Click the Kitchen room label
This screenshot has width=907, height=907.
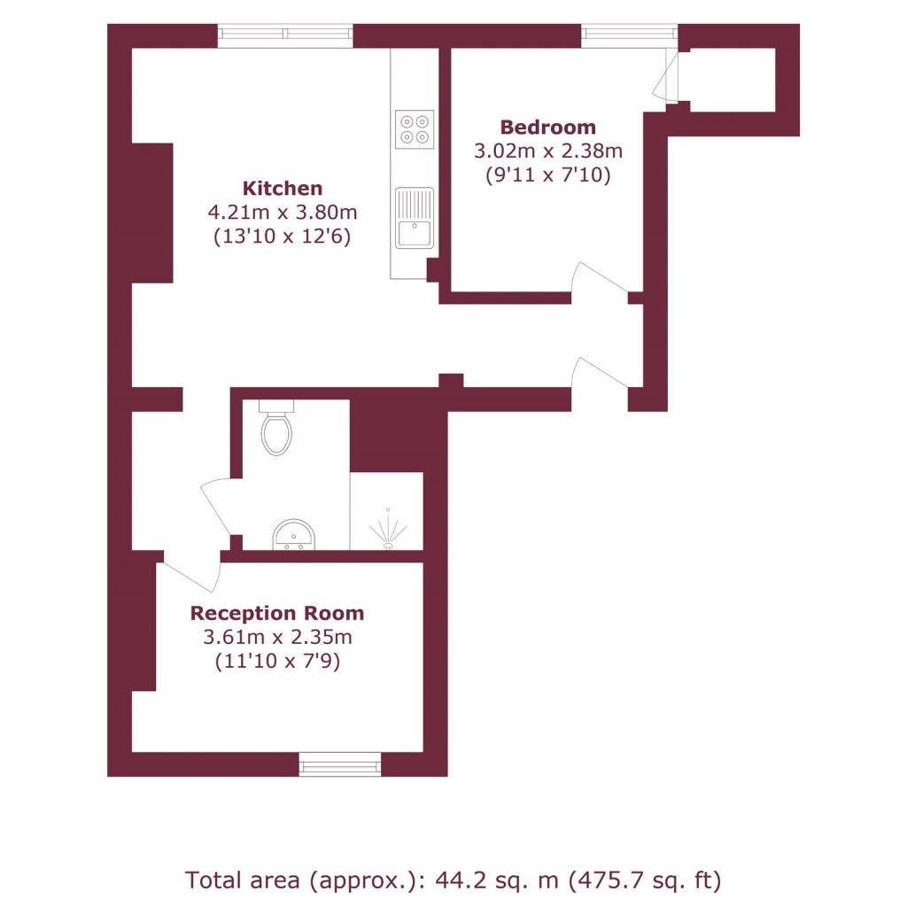(x=283, y=189)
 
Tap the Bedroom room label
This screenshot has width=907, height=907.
(x=547, y=128)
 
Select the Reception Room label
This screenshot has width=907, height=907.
(x=277, y=613)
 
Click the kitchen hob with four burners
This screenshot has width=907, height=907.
(x=415, y=129)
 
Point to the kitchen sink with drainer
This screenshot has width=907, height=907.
(x=415, y=218)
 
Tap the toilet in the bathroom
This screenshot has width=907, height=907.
(x=276, y=427)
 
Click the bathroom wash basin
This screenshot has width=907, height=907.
(x=294, y=534)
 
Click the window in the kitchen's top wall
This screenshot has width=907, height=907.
(x=285, y=35)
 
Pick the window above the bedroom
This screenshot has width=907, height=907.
(x=630, y=35)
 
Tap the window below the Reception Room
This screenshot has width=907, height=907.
(x=340, y=764)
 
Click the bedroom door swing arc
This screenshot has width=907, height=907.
(x=599, y=276)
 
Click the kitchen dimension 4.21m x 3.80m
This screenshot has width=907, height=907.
(x=283, y=213)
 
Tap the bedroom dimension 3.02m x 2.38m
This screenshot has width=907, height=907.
(x=547, y=151)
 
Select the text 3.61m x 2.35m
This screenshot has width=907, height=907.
(x=277, y=637)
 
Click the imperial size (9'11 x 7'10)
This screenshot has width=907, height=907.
(x=547, y=174)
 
